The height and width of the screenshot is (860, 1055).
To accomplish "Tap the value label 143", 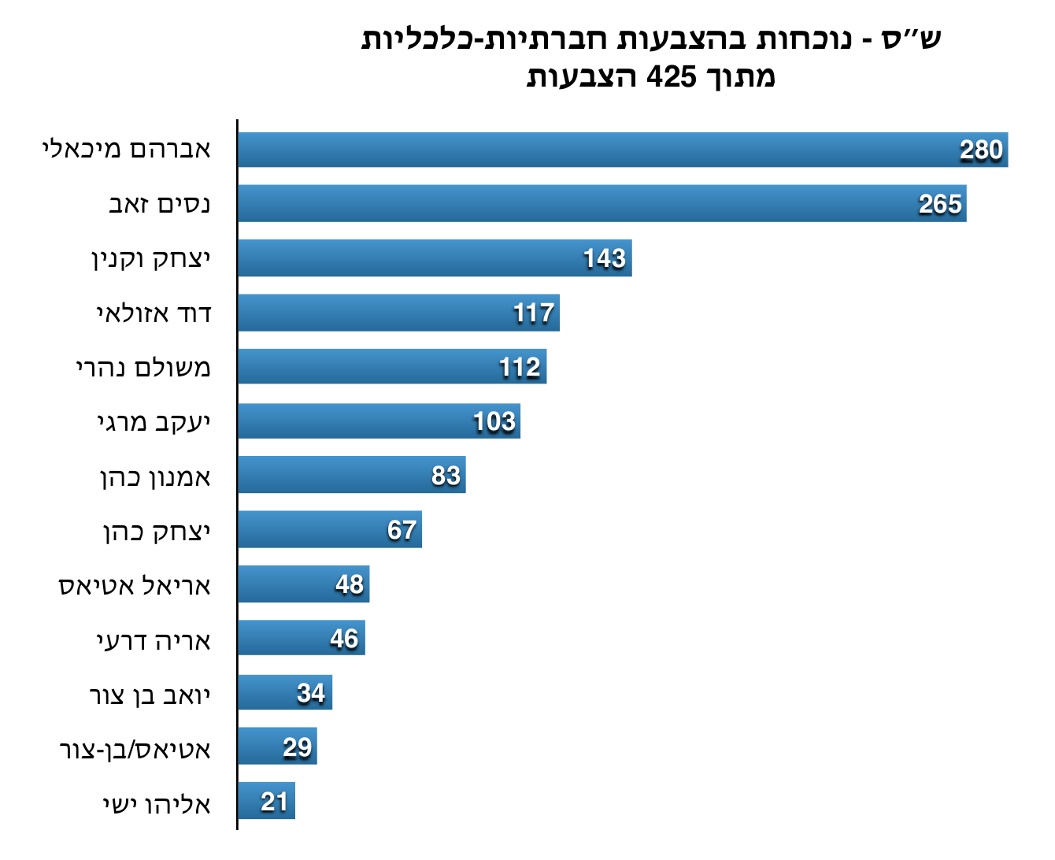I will click(605, 258).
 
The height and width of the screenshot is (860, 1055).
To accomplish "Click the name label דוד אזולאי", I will click(154, 313).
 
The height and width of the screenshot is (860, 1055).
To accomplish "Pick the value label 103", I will click(494, 422).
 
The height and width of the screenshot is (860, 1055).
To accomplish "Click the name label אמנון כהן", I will click(156, 477).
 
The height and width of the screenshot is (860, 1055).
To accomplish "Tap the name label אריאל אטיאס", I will click(135, 586).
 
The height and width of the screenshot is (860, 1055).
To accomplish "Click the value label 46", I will click(344, 639).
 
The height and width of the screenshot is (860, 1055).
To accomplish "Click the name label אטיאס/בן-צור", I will click(135, 749).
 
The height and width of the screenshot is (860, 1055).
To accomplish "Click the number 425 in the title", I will click(671, 76).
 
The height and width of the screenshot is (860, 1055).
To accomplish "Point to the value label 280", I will click(981, 150).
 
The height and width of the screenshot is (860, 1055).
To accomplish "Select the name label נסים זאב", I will click(159, 205).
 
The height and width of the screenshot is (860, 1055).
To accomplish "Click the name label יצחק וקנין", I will click(151, 259).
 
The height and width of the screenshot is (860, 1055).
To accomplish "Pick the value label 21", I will click(275, 802).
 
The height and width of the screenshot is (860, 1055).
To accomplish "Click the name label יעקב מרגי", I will click(154, 423).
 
